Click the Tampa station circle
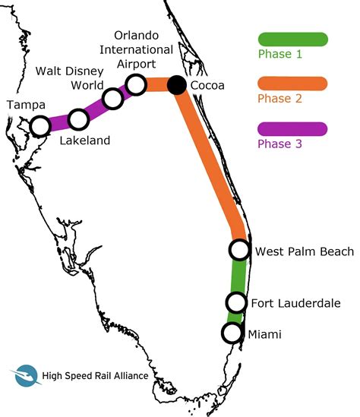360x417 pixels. click(39, 126)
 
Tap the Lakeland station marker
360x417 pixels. click(78, 119)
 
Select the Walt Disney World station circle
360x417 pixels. click(113, 98)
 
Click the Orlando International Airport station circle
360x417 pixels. click(137, 84)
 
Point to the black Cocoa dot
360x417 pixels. click(177, 84)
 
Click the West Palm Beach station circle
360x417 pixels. click(239, 249)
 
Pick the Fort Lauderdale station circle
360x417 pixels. click(236, 303)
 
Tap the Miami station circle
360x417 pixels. click(232, 333)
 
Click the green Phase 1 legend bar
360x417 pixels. click(292, 39)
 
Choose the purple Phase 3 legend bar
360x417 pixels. click(292, 128)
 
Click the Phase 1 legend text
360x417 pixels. click(280, 55)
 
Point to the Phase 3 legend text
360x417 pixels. click(280, 144)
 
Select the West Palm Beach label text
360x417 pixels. click(304, 251)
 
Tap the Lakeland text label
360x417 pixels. click(84, 141)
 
